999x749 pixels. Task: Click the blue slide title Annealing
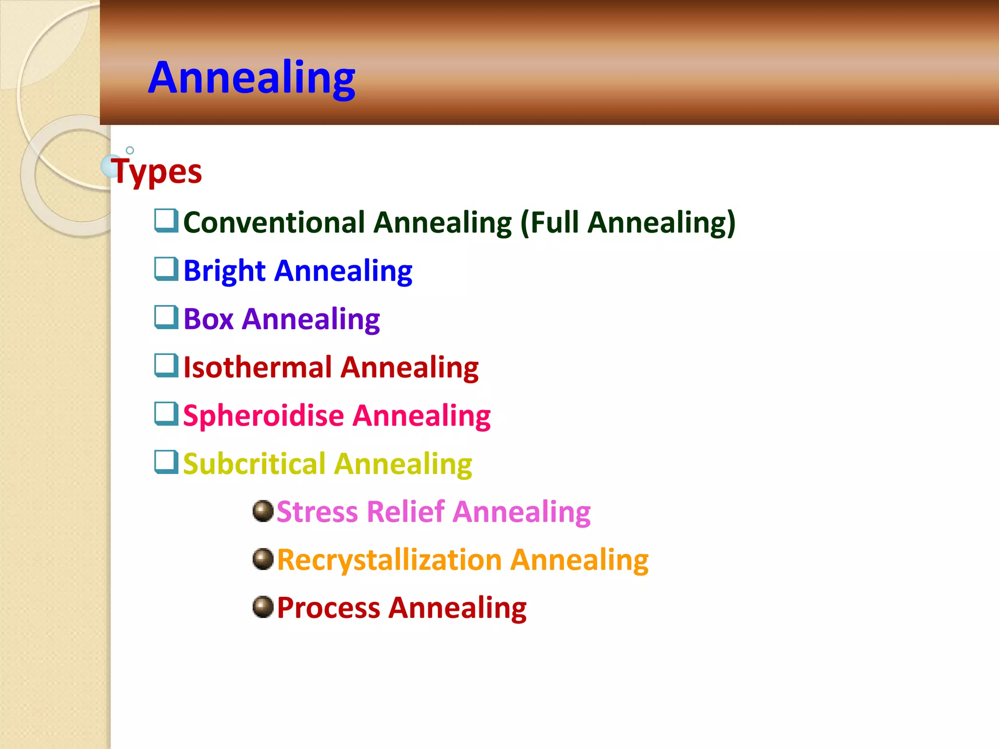(x=252, y=78)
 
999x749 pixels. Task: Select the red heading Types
(x=157, y=172)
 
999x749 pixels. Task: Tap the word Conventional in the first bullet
(x=274, y=222)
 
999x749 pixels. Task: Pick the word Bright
(x=224, y=271)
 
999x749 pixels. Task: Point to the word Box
(x=208, y=319)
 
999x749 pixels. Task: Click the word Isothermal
(x=258, y=367)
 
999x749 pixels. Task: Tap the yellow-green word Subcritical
(x=254, y=464)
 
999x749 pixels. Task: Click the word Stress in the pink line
(x=317, y=512)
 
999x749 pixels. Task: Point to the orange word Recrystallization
(x=389, y=560)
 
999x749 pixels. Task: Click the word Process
(x=328, y=608)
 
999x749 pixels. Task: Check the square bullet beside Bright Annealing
(x=166, y=269)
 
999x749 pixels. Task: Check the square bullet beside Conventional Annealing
(x=166, y=220)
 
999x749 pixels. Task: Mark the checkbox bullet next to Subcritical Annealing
(x=166, y=461)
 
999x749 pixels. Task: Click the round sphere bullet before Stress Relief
(x=263, y=511)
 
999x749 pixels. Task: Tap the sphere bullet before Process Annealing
(x=263, y=607)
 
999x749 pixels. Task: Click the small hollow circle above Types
(x=130, y=150)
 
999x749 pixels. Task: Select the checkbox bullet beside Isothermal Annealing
(x=166, y=365)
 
